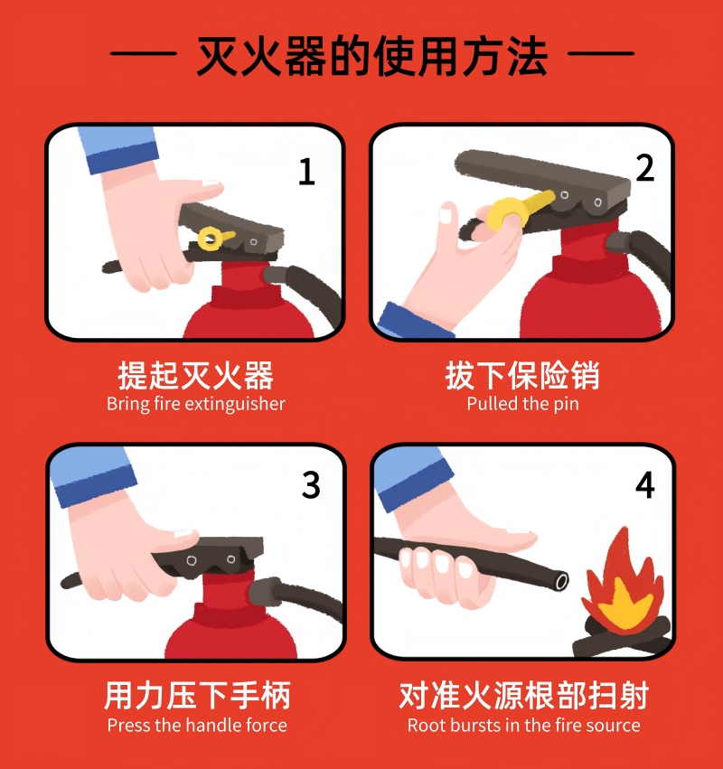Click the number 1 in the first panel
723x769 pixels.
click(x=306, y=172)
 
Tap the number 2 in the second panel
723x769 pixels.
click(x=644, y=168)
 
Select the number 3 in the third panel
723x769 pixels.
click(x=311, y=485)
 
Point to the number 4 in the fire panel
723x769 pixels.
click(x=645, y=485)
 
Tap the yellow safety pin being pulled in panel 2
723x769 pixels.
click(x=520, y=210)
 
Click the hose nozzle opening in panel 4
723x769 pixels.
click(x=561, y=582)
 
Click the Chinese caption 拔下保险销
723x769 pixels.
click(x=522, y=376)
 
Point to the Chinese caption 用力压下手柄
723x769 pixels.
click(x=197, y=696)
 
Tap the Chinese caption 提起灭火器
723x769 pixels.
click(x=196, y=376)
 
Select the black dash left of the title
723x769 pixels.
click(x=143, y=53)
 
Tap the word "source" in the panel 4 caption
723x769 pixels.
click(x=615, y=725)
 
